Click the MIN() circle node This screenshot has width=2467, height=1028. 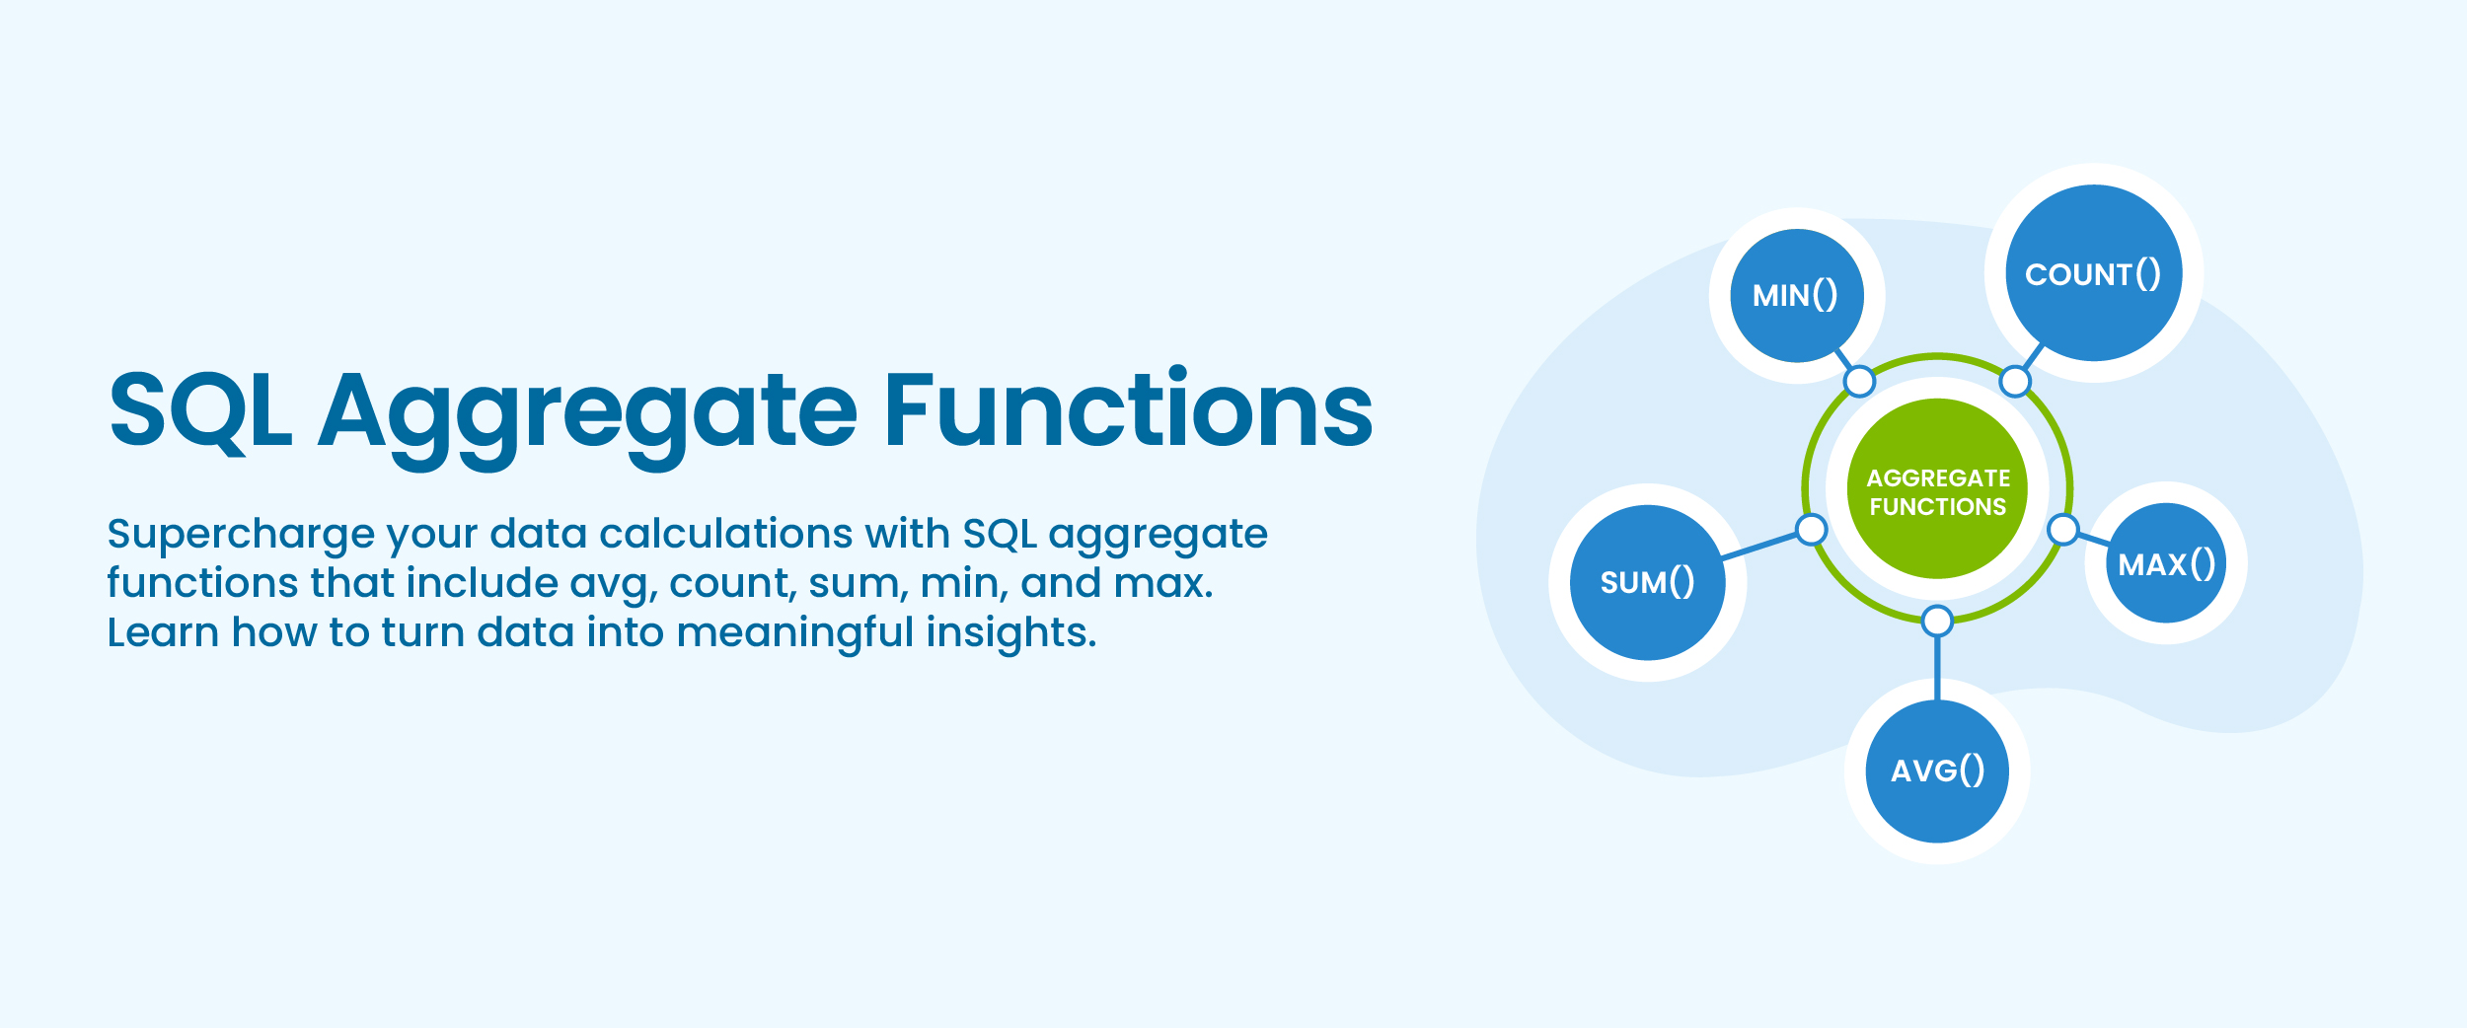1796,295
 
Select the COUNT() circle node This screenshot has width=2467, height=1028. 2093,273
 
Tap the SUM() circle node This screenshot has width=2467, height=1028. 1647,582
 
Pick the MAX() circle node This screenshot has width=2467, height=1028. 2166,563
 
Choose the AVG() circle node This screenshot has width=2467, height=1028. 1937,771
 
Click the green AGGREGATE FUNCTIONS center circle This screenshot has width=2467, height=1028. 1937,489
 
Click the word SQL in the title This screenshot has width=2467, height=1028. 200,409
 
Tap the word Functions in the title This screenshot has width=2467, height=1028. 1128,409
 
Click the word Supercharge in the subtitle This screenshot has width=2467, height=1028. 241,534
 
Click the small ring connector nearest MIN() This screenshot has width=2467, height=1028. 1859,381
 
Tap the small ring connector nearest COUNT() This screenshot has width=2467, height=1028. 2015,381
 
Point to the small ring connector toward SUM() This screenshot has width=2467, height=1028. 1812,530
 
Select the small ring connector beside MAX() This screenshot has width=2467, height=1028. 2063,530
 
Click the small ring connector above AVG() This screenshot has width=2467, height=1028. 1937,621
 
